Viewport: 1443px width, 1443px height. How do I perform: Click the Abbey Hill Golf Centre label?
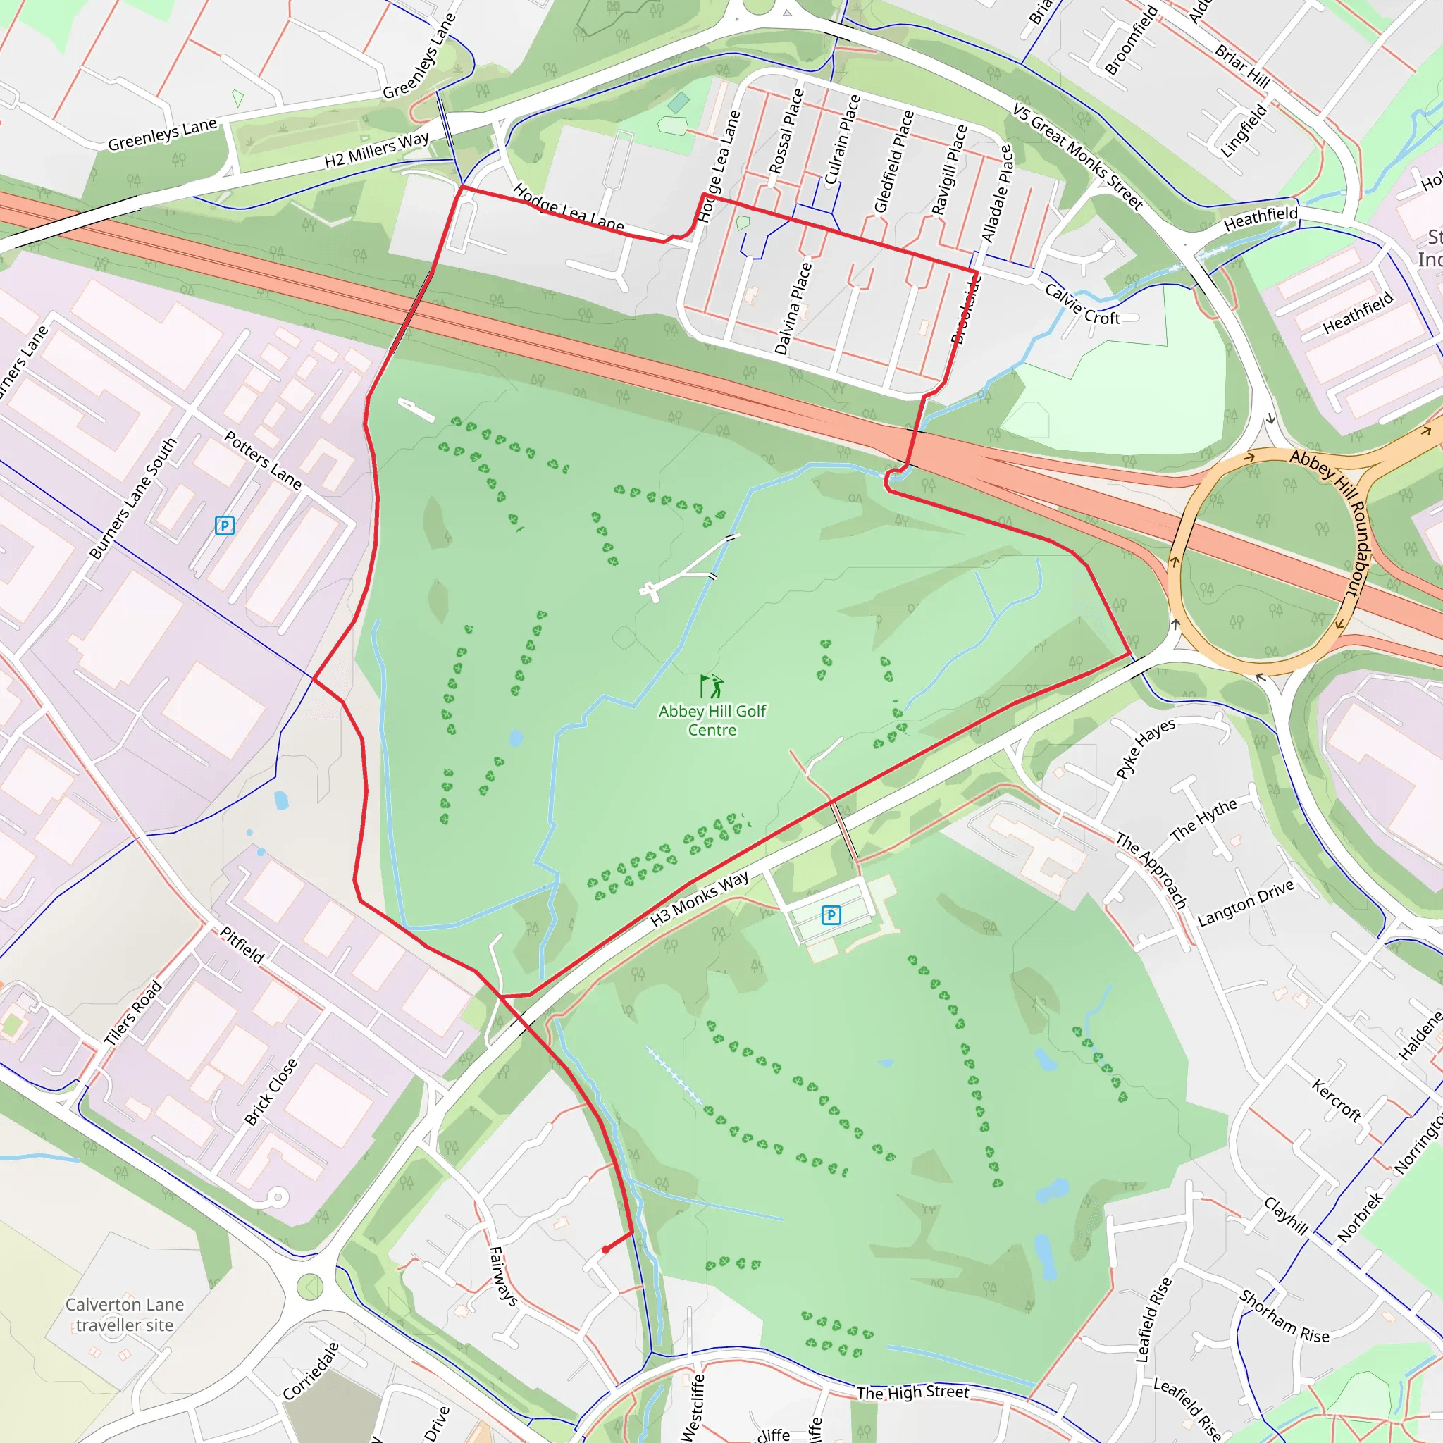(x=712, y=721)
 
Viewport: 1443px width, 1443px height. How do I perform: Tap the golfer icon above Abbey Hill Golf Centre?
(x=711, y=686)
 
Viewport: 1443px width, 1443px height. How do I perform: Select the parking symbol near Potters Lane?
(x=224, y=526)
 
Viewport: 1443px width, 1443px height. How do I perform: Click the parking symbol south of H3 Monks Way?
(x=831, y=915)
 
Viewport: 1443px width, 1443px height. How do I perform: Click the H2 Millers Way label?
(x=376, y=150)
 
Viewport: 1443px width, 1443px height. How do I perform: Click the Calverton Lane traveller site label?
(x=125, y=1315)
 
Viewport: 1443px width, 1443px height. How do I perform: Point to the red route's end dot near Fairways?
(x=606, y=1249)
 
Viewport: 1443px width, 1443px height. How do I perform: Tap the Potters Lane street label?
(x=263, y=461)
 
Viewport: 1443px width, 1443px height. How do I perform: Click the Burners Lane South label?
(x=133, y=499)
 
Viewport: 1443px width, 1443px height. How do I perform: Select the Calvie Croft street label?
(x=1082, y=304)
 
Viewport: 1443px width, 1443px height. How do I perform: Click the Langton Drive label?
(x=1245, y=904)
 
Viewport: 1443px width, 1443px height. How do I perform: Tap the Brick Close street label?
(x=271, y=1092)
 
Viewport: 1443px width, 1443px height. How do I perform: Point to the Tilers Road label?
(x=132, y=1013)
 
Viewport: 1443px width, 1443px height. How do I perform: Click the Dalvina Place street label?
(x=793, y=309)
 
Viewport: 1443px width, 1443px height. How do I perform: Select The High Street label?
(x=912, y=1392)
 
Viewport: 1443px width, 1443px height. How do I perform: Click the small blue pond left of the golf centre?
(x=515, y=738)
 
